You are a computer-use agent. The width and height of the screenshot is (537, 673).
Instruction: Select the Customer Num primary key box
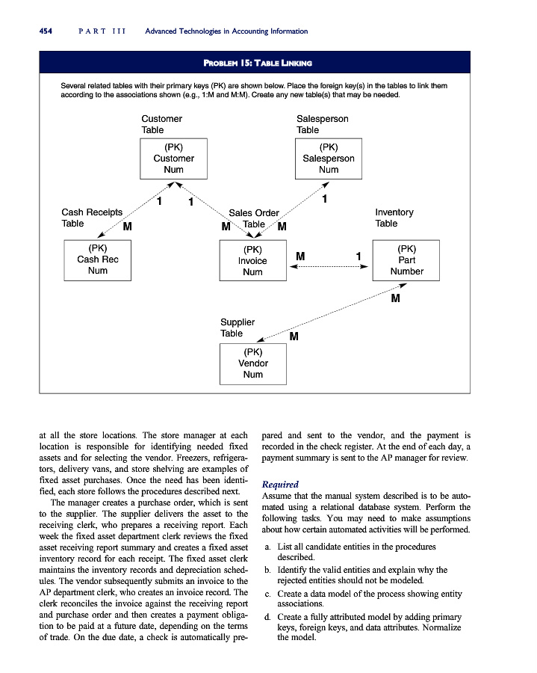[173, 159]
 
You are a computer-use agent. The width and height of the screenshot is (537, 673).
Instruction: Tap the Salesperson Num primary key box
[328, 159]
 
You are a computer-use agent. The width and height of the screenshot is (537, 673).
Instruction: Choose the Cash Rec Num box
[98, 259]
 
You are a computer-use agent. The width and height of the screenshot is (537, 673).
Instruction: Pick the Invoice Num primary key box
[252, 260]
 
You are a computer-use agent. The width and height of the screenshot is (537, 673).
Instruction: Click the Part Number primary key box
[406, 259]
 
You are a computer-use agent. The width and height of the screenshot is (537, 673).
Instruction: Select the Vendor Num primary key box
[252, 363]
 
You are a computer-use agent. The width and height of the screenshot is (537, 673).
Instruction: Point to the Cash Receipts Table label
[92, 218]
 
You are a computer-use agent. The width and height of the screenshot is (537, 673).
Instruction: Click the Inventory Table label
[394, 218]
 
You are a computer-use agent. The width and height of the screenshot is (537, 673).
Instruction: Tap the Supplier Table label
[237, 328]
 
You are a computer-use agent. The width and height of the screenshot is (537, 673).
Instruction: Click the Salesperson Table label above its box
[322, 124]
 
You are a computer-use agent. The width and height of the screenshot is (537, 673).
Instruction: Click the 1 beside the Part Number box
[359, 256]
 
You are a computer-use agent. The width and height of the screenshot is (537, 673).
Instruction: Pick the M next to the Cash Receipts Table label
[127, 226]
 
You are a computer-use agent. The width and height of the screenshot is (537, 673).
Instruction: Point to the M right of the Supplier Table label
[294, 336]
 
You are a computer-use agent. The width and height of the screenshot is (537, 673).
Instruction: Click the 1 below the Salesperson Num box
[324, 200]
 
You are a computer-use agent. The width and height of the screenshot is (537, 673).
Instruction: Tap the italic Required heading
[281, 485]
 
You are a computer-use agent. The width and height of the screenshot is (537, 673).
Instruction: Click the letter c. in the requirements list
[268, 594]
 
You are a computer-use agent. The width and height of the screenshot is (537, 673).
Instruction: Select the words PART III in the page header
[100, 31]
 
